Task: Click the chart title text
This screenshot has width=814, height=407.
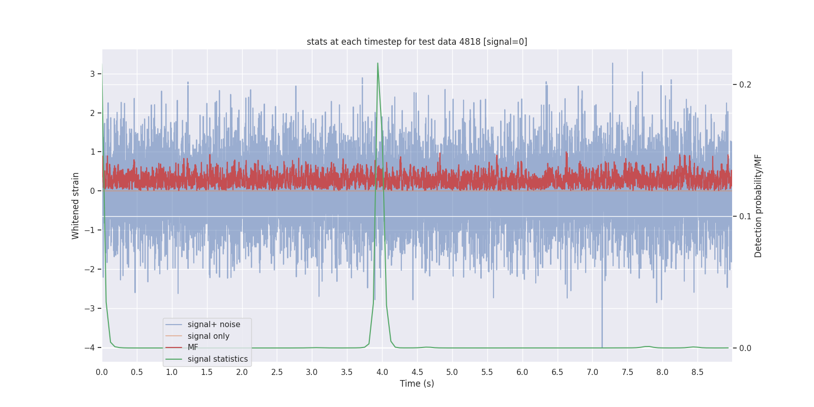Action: pyautogui.click(x=417, y=42)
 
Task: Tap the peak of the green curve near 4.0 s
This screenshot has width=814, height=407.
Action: pyautogui.click(x=377, y=64)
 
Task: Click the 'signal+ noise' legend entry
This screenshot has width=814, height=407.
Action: pyautogui.click(x=214, y=325)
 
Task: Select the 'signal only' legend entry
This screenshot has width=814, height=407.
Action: pyautogui.click(x=208, y=336)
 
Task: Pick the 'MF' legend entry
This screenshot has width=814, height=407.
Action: pyautogui.click(x=193, y=347)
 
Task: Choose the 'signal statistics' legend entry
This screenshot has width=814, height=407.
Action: pyautogui.click(x=217, y=359)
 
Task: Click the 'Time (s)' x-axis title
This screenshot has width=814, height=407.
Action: pyautogui.click(x=417, y=384)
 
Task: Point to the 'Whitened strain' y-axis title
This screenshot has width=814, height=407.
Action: pyautogui.click(x=76, y=206)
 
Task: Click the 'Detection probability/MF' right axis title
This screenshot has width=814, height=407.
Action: pyautogui.click(x=758, y=206)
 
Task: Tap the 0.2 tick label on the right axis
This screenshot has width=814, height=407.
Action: pyautogui.click(x=745, y=84)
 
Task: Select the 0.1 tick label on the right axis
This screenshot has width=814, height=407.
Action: pyautogui.click(x=745, y=216)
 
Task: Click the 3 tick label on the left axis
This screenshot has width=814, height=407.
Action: pyautogui.click(x=93, y=74)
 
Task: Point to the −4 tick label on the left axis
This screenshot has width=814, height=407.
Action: pyautogui.click(x=90, y=347)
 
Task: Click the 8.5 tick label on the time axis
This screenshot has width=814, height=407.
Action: pyautogui.click(x=697, y=372)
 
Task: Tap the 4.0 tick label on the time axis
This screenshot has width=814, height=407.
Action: pyautogui.click(x=382, y=372)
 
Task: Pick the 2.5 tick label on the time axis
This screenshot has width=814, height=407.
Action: pyautogui.click(x=277, y=372)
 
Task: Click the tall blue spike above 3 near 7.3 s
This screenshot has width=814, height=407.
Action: pyautogui.click(x=613, y=64)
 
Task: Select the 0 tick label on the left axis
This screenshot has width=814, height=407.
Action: pyautogui.click(x=93, y=191)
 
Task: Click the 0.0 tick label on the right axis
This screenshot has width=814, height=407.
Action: pyautogui.click(x=745, y=348)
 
